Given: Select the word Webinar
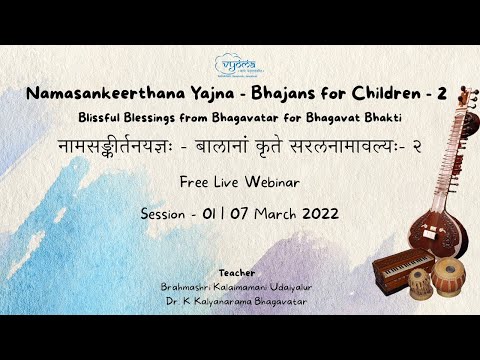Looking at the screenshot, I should click(272, 183).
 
